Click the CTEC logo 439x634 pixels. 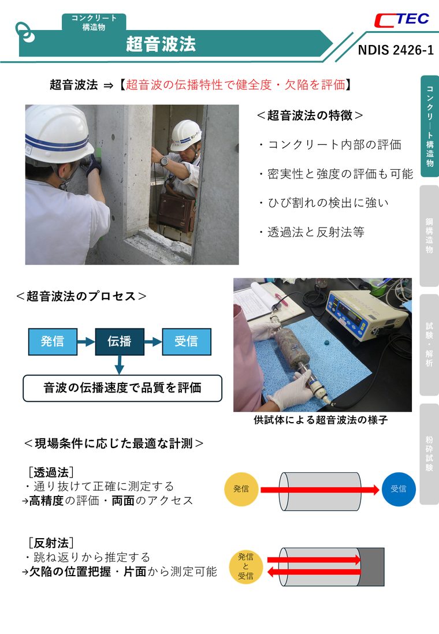pos(401,20)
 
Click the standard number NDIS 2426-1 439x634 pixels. pos(395,50)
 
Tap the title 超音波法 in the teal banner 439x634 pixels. pos(161,44)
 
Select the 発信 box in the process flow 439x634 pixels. pos(53,342)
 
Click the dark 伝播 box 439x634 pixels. pos(120,342)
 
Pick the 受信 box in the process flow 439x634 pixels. pos(187,342)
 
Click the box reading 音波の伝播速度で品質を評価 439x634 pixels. pos(122,388)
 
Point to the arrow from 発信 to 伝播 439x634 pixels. pos(86,342)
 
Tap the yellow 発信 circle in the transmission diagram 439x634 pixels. pos(241,489)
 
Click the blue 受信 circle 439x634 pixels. pos(399,489)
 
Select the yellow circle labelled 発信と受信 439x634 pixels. pos(245,566)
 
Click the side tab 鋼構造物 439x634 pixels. pos(429,236)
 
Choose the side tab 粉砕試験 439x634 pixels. pos(429,454)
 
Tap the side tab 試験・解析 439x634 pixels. pos(429,345)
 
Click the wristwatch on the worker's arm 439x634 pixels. pos(164,161)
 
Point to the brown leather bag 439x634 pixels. pos(176,211)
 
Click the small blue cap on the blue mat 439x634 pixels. pos(326,342)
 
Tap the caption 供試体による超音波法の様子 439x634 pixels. pos(321,420)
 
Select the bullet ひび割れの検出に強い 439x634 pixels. pos(323,203)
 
